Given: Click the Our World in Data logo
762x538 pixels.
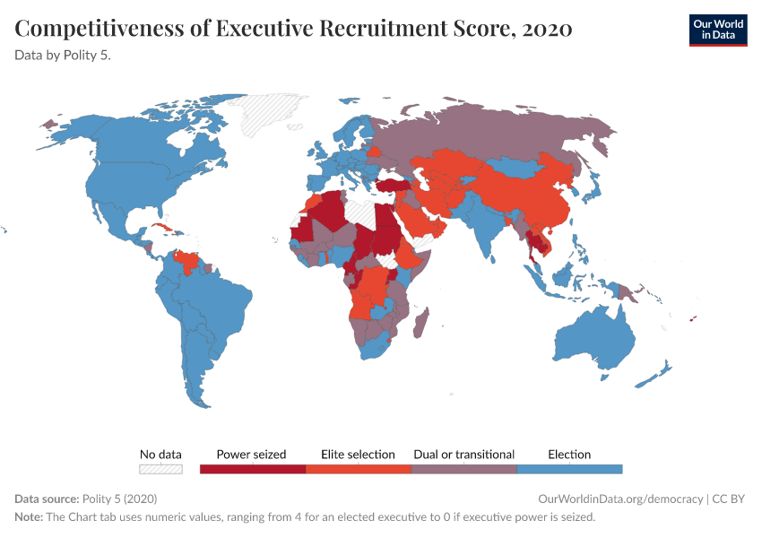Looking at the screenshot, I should pos(717,30).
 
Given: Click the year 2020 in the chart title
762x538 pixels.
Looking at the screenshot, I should pos(544,30).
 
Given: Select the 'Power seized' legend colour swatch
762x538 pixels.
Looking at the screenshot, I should pos(252,468).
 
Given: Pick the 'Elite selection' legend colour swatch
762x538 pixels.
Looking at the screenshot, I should pos(358,468).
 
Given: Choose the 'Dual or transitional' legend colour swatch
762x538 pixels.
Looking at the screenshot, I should pos(463,468).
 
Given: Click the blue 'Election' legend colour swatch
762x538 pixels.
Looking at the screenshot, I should pos(569,468).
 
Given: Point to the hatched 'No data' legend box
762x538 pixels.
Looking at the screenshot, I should pos(160,468).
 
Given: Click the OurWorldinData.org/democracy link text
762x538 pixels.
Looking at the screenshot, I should pos(620,499).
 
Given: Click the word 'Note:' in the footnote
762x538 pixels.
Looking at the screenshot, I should pos(29,517).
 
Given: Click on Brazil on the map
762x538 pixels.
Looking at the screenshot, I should pos(220,305).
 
